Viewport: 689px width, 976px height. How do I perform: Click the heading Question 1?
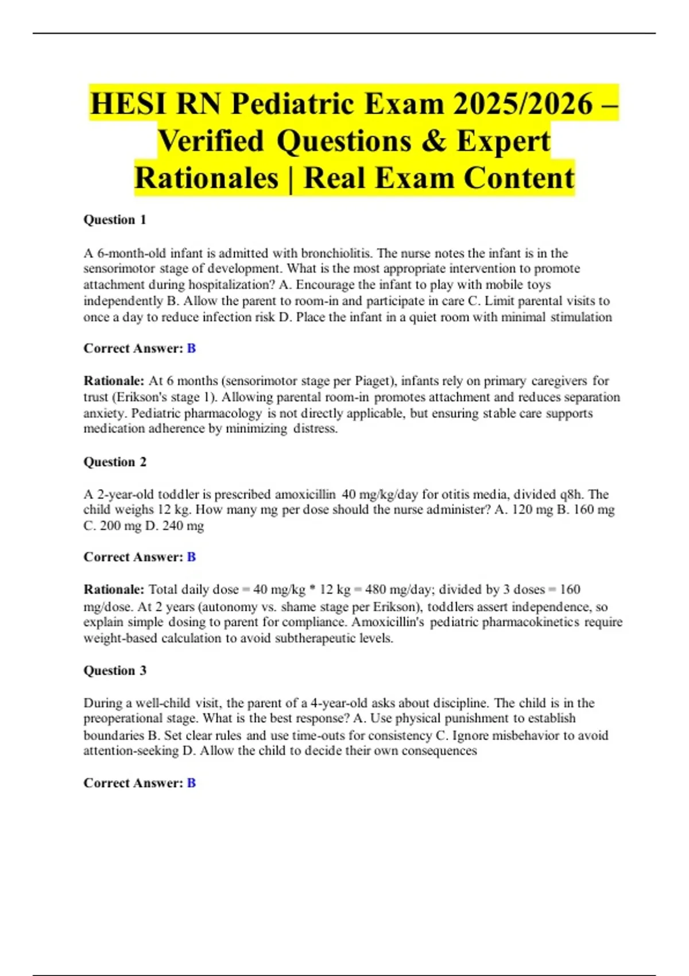(115, 220)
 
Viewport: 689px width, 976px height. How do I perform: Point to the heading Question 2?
(115, 462)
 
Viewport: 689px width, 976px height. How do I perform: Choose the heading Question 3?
(115, 671)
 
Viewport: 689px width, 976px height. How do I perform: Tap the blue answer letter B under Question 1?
(191, 348)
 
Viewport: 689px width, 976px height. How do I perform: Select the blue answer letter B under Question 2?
(191, 557)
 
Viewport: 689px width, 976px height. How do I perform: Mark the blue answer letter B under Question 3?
(191, 783)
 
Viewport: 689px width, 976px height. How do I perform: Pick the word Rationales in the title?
(207, 178)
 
